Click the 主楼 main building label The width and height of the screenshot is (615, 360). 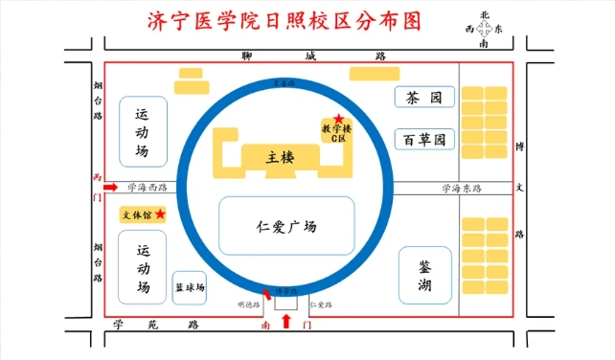click(280, 157)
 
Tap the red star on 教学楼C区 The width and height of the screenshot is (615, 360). click(338, 118)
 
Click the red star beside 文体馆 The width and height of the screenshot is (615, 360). click(160, 213)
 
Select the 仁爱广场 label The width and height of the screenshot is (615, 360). click(286, 227)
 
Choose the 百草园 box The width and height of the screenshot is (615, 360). click(422, 140)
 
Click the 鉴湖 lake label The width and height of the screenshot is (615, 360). click(424, 275)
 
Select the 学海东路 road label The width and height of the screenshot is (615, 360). click(459, 188)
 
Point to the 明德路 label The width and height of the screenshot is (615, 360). click(248, 304)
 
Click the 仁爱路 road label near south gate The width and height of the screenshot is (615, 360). click(321, 304)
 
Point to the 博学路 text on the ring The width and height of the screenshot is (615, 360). click(285, 289)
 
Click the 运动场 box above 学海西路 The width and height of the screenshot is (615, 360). click(142, 131)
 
